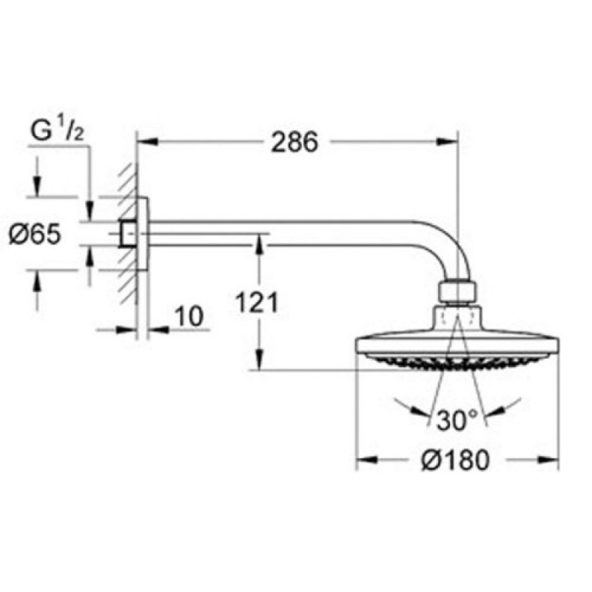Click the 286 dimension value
coord(295,142)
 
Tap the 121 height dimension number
coord(256,302)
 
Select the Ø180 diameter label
coord(455,460)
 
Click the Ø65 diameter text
coord(35,234)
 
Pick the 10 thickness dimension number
coord(189,316)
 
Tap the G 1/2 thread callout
coord(58,131)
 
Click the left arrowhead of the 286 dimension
coord(147,141)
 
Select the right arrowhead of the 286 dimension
coord(447,141)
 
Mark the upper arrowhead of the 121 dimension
coord(260,245)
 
